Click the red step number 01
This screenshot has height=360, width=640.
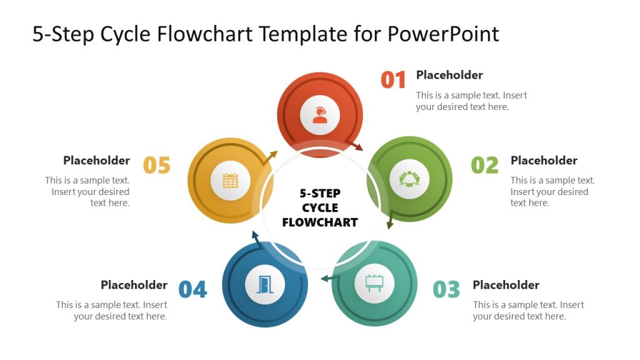[394, 80]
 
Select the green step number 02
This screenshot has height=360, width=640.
[485, 165]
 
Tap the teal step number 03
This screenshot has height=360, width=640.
[447, 289]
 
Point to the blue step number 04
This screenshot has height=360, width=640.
[192, 289]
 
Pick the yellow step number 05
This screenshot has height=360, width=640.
[157, 165]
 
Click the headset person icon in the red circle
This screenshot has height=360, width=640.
[320, 115]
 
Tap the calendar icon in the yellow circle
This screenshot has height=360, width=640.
[231, 181]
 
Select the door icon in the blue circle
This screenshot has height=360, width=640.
[265, 284]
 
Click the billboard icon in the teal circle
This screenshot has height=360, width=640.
[374, 284]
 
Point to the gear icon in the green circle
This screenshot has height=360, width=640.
[409, 179]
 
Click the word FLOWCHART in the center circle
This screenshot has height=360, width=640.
[320, 222]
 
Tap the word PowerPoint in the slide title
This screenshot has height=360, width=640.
[443, 33]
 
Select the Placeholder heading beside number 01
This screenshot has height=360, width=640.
[449, 75]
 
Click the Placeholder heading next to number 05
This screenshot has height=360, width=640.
[96, 161]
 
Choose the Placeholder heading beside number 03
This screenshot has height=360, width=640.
[506, 285]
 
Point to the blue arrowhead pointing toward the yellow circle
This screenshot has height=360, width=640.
[254, 235]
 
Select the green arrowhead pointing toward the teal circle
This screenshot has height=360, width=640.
[389, 224]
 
